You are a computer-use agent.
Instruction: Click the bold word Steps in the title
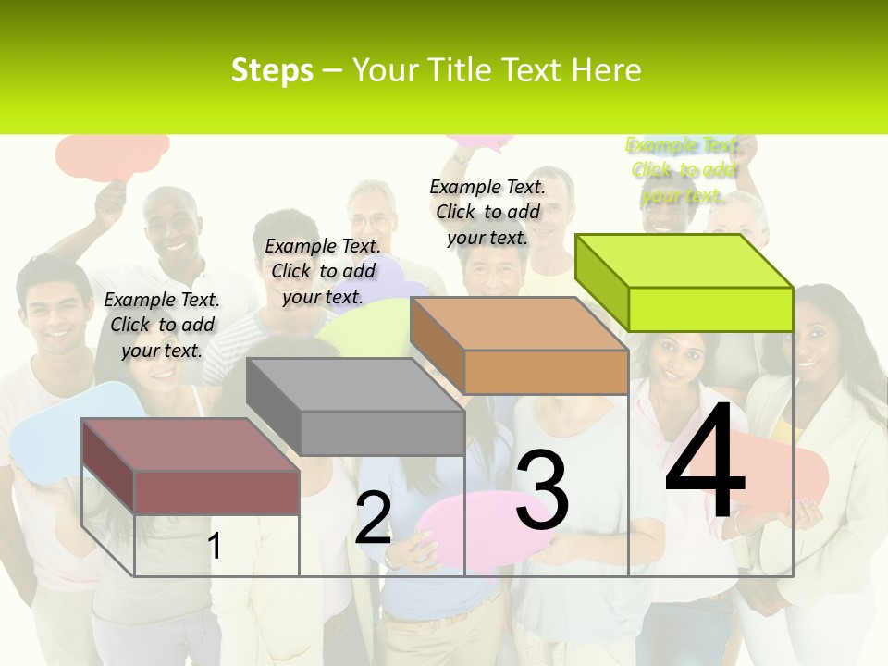(x=272, y=70)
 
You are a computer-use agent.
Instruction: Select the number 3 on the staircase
(x=542, y=490)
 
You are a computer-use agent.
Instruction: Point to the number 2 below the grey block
(x=373, y=519)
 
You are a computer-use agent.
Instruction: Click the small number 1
(x=215, y=547)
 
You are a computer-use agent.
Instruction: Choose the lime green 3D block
(x=684, y=282)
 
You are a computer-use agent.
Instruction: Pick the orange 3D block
(x=520, y=347)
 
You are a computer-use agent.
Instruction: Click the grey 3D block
(x=356, y=407)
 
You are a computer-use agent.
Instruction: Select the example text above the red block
(x=162, y=325)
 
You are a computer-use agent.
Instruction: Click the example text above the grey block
(x=323, y=271)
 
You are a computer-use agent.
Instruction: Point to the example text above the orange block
(x=487, y=212)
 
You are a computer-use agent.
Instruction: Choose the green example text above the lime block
(x=683, y=170)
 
